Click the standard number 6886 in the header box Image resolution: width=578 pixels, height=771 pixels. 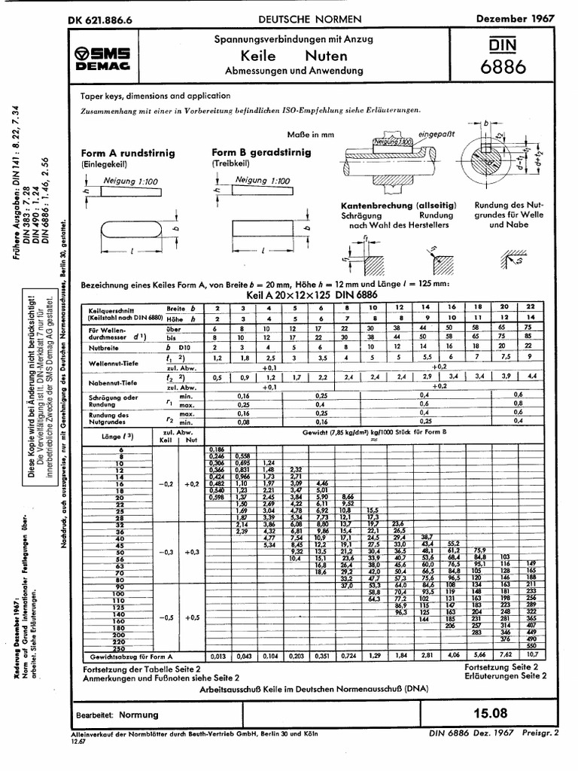[503, 67]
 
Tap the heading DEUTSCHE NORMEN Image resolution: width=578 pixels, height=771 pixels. [310, 18]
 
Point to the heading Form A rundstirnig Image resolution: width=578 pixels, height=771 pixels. [128, 153]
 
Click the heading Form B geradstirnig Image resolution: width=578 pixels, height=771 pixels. [261, 152]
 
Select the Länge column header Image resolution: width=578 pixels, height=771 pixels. [105, 436]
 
